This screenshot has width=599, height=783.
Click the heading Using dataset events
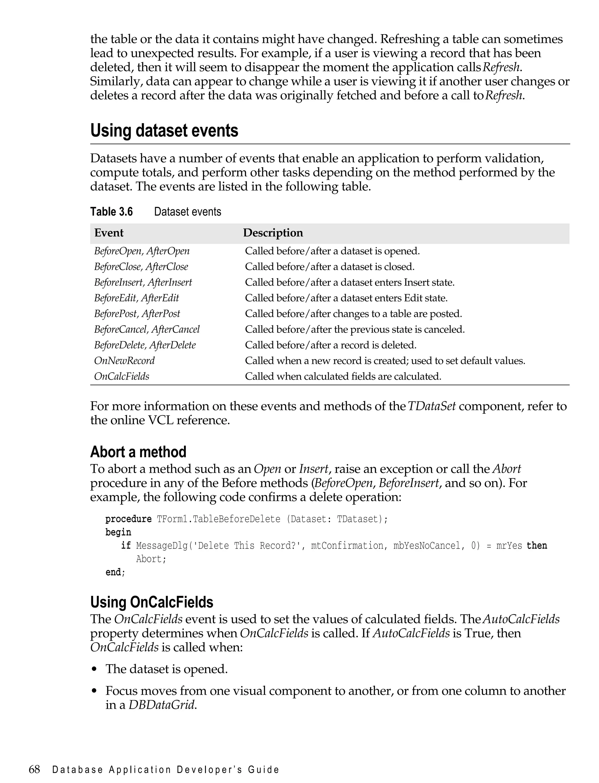164,130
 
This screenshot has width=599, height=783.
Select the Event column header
109,233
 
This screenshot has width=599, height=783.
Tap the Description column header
273,233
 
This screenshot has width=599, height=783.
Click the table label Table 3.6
111,212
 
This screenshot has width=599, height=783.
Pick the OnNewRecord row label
124,361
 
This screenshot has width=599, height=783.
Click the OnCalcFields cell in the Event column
122,376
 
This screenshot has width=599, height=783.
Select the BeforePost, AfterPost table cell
137,314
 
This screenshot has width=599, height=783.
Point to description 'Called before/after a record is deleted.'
331,345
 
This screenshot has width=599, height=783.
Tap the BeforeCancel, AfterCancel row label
147,329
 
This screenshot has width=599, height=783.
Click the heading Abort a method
138,452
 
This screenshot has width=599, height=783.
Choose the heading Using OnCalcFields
152,602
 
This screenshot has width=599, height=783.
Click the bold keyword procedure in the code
128,519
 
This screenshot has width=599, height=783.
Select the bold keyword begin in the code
118,532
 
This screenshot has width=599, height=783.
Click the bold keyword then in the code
537,546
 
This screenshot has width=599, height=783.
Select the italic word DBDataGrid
162,705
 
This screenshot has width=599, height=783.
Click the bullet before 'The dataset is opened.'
94,669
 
